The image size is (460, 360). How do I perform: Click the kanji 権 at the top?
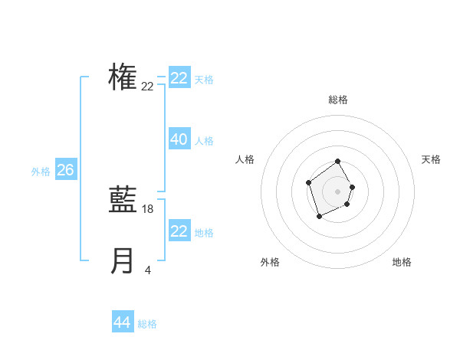pos(123,77)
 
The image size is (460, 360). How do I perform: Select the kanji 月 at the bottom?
pos(123,261)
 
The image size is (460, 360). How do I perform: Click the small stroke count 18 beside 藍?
pos(148,209)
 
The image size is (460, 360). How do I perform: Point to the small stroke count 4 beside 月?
pos(148,270)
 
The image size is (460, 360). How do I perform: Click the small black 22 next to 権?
pos(147,87)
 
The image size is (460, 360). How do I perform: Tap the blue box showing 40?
pos(179,139)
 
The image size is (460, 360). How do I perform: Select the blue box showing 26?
pos(65,170)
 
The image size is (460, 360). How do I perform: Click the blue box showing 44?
pos(123,322)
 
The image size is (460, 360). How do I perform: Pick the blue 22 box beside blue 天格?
pos(179,78)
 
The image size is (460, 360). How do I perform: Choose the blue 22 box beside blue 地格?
pos(179,231)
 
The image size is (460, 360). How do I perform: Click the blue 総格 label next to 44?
pos(147,324)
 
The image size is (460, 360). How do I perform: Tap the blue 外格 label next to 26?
pos(41,172)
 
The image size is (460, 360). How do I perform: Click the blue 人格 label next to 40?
pos(204,141)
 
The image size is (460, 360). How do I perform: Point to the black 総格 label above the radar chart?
pos(337,100)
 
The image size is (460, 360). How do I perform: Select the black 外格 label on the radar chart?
pos(269,262)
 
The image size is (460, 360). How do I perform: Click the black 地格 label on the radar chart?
pos(402,262)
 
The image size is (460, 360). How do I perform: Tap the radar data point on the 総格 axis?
pos(337,162)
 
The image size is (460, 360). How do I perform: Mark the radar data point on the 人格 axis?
pos(308,182)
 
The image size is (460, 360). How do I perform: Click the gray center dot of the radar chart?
pos(337,191)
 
